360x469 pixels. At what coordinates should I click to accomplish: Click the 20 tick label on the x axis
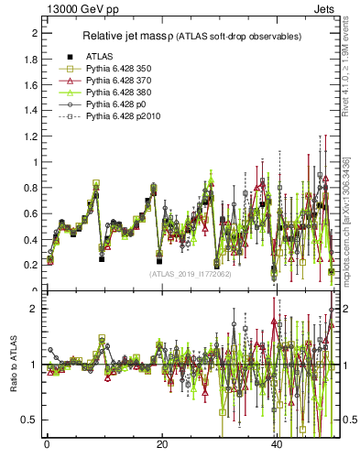coord(161,445)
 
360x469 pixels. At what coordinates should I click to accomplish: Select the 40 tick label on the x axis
coord(277,445)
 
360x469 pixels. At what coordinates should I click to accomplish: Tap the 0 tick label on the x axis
coord(46,445)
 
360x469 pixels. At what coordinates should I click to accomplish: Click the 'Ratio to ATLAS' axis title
coord(11,365)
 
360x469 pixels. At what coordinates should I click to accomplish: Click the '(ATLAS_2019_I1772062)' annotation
coord(191,273)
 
